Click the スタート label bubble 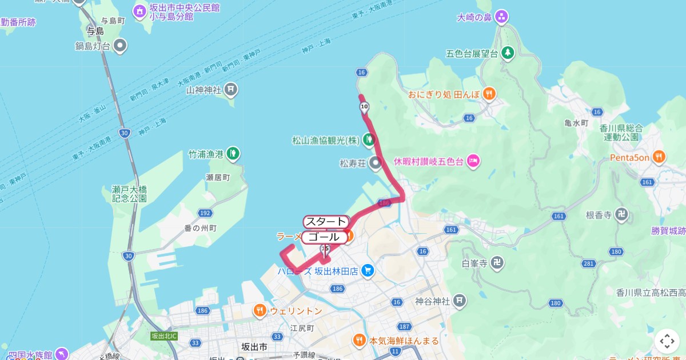325,222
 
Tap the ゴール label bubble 324,237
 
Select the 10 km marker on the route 364,106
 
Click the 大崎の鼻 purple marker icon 501,17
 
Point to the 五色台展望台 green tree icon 507,53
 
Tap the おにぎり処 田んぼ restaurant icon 489,94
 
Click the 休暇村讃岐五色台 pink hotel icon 473,161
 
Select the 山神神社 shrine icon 230,89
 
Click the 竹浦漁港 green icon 233,154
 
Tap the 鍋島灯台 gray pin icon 119,45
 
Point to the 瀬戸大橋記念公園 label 130,194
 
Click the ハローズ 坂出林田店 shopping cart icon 368,271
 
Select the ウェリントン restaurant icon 260,311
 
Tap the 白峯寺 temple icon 498,263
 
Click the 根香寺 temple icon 622,215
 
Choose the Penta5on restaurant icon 659,156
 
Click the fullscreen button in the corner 667,341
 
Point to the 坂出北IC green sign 164,336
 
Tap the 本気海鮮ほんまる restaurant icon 359,341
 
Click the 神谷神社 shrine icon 460,301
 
